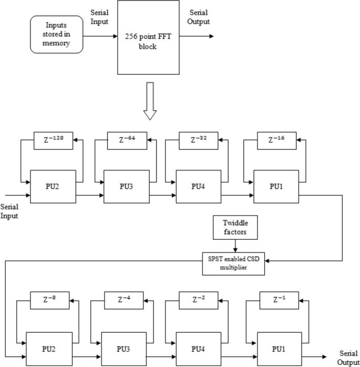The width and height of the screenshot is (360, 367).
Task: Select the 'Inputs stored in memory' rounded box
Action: tap(57, 34)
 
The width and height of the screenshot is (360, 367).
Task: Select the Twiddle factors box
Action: tap(234, 226)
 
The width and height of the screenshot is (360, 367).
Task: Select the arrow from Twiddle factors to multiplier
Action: tap(234, 246)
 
